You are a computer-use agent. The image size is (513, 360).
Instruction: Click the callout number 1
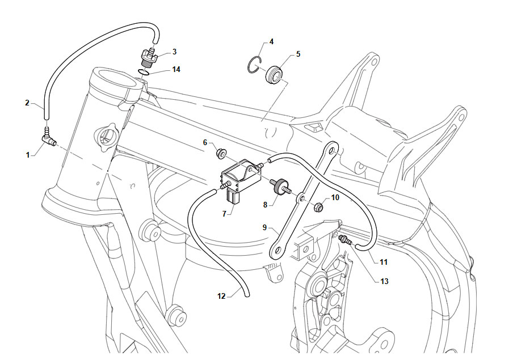[x=28, y=155]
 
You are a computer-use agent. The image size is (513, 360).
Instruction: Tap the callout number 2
[x=27, y=103]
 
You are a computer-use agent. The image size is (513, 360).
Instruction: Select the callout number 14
[x=176, y=69]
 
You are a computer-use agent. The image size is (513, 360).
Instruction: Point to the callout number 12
[x=221, y=296]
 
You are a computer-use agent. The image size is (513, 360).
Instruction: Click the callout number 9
[x=264, y=227]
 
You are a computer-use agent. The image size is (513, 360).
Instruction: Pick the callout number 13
[x=384, y=281]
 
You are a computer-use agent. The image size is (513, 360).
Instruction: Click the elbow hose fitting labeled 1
[x=48, y=139]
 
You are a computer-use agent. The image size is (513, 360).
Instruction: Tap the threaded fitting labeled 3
[x=149, y=57]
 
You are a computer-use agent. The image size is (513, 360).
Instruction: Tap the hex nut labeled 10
[x=320, y=207]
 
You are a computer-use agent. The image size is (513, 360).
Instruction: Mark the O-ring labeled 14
[x=145, y=72]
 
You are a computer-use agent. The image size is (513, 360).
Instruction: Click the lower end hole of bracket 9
[x=277, y=251]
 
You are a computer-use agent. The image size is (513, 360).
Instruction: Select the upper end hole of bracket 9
[x=332, y=152]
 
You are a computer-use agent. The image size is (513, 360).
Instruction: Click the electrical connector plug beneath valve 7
[x=234, y=197]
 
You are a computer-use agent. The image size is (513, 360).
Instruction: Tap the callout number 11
[x=384, y=262]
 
